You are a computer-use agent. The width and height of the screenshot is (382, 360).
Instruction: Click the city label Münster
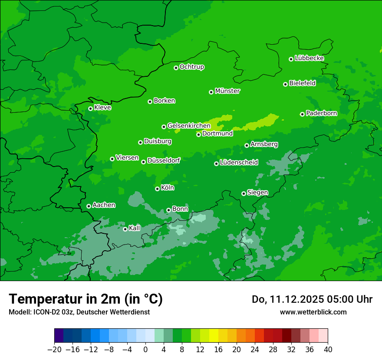227,91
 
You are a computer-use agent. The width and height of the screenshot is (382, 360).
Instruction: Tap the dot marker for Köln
157,189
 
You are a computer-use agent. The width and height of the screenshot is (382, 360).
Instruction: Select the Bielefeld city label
302,83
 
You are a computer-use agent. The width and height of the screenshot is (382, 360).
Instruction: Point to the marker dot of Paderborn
302,114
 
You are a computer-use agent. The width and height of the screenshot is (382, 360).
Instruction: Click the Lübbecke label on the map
309,58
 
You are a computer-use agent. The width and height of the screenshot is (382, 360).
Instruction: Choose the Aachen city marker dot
89,206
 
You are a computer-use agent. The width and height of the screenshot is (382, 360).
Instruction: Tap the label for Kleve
102,108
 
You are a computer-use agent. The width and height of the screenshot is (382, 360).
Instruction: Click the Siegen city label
257,193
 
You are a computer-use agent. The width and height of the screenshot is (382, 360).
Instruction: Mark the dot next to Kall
125,229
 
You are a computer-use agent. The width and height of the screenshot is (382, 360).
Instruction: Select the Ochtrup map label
192,67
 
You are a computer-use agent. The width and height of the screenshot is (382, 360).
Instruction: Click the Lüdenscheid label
239,163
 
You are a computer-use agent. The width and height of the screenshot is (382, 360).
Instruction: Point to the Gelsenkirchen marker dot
164,127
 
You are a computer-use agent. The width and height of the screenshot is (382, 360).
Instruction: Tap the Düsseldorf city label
163,160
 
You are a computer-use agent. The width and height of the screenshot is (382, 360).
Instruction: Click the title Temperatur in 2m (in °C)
86,299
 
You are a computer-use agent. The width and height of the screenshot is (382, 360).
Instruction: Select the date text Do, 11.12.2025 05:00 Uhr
312,299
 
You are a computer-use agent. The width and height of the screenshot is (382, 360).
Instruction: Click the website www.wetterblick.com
313,312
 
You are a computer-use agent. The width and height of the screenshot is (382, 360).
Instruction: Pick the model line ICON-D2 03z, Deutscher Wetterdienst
79,312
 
